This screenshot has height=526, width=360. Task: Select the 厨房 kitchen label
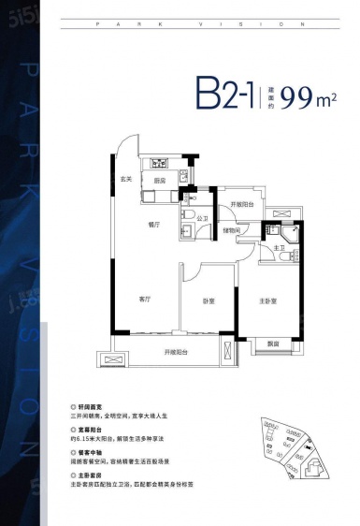[x=160, y=180]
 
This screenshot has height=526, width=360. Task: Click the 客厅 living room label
[x=145, y=299]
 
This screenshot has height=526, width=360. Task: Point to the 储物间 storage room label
[x=233, y=230]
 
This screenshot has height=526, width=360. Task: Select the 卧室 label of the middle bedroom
[x=209, y=301]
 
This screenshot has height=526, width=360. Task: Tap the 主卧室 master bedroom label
[x=270, y=300]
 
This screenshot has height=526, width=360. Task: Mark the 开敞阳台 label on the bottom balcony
[x=177, y=352]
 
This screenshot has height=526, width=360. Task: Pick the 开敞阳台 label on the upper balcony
[x=242, y=203]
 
